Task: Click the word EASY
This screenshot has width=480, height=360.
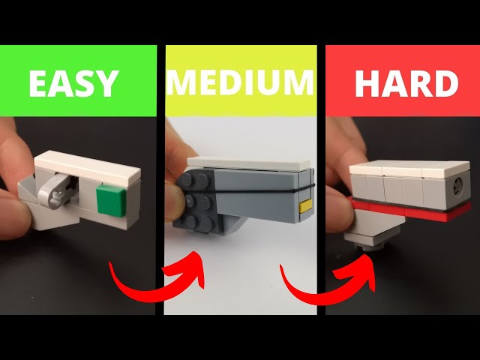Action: click(x=73, y=83)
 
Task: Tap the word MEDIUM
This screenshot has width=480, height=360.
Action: click(x=240, y=82)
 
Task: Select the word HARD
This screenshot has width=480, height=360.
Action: click(x=406, y=83)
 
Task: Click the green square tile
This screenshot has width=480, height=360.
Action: click(x=111, y=200)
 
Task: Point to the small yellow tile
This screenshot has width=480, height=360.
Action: click(x=305, y=206)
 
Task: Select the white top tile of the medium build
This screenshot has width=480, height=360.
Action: click(x=250, y=163)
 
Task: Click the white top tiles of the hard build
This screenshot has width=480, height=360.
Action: click(x=409, y=169)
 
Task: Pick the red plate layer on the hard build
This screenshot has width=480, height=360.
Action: click(x=410, y=210)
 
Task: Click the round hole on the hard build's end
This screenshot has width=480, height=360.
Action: click(x=457, y=185)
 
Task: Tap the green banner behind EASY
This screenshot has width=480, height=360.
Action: click(x=78, y=81)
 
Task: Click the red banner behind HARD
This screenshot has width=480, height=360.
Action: click(x=403, y=81)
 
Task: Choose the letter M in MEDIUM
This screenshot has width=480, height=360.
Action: click(x=181, y=82)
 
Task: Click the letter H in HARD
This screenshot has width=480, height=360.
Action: click(x=367, y=83)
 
